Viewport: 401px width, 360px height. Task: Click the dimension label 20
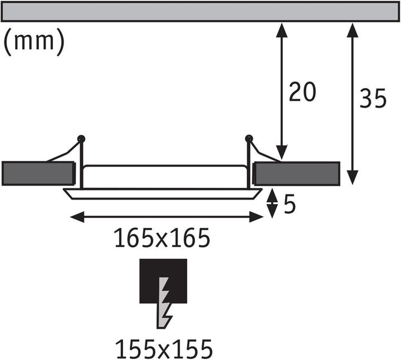point(302,92)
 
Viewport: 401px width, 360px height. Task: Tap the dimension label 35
point(373,99)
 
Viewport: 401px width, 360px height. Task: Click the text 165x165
point(162,239)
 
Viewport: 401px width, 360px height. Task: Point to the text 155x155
point(164,349)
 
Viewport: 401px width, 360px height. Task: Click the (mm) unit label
point(34,42)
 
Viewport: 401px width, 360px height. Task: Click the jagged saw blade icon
point(165,304)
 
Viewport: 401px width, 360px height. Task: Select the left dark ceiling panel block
point(38,173)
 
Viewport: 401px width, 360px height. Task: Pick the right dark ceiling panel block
point(297,173)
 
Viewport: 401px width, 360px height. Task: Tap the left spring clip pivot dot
point(81,137)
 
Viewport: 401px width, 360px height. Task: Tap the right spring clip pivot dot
point(248,137)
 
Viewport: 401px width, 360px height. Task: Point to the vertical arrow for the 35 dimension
point(352,104)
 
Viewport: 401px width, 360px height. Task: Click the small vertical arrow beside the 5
point(272,203)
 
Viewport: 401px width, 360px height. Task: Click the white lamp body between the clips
point(165,176)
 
